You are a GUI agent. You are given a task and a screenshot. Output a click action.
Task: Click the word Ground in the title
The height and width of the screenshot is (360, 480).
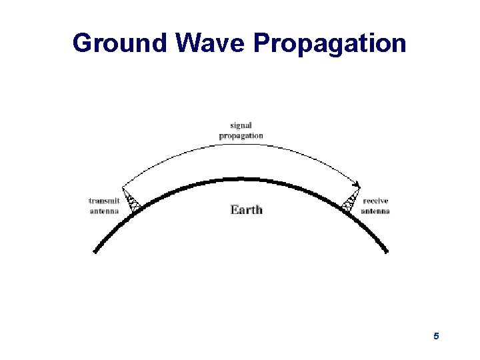click(120, 43)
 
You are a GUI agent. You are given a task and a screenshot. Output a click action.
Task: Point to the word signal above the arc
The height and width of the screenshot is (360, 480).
click(241, 125)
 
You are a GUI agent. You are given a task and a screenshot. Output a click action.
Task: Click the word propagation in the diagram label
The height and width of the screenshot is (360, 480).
click(241, 136)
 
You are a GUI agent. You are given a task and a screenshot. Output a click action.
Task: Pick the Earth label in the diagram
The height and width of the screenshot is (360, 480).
click(247, 209)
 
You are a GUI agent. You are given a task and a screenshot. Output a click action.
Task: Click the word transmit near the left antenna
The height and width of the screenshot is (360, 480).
click(104, 201)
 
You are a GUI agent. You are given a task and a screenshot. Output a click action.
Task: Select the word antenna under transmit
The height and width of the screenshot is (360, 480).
click(104, 211)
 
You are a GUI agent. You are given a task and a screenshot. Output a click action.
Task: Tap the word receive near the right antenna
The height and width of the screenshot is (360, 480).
click(375, 201)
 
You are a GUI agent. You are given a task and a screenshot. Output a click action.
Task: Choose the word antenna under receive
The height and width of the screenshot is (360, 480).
click(375, 211)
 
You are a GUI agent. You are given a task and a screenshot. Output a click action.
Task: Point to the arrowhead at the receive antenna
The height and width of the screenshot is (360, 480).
click(359, 186)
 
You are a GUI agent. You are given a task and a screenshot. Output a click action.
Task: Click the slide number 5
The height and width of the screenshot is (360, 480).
click(436, 337)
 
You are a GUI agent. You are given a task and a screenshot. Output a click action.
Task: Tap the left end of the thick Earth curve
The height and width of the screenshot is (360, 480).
click(95, 251)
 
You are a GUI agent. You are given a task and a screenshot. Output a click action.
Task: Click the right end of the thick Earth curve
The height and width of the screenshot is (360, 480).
click(385, 251)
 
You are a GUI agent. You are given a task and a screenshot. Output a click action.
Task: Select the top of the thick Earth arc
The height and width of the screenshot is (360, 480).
click(240, 179)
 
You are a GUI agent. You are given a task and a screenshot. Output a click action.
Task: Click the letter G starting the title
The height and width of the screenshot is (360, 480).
click(83, 43)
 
